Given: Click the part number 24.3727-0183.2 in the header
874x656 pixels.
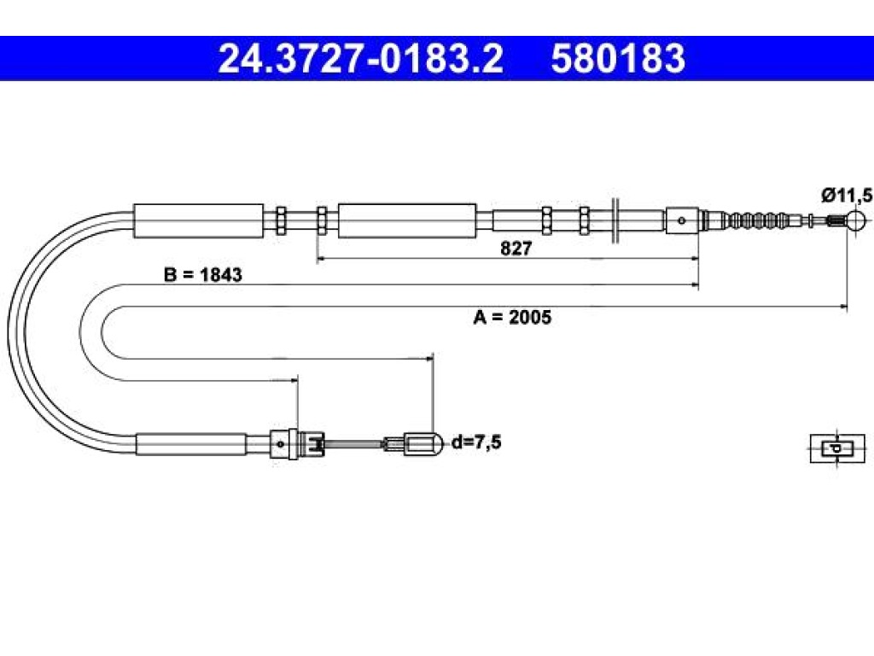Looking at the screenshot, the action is [361, 59].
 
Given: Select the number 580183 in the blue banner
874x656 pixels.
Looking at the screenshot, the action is [618, 59].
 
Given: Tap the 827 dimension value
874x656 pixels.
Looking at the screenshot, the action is [516, 249].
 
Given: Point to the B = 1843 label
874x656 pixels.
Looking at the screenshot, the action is [203, 274].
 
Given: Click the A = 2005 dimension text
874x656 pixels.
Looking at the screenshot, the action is [512, 317].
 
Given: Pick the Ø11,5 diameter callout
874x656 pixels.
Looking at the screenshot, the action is [847, 196].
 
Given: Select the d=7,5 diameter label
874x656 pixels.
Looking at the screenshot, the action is [476, 442].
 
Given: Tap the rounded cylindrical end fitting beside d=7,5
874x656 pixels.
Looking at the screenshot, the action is [422, 444].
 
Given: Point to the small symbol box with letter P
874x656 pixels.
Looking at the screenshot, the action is [837, 448].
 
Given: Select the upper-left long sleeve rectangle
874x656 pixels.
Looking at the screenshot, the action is [198, 221].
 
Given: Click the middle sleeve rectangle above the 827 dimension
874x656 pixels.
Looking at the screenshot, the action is [407, 221].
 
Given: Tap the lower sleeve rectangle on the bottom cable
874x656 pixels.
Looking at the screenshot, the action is [191, 444].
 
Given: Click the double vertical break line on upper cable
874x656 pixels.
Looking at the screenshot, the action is [615, 220].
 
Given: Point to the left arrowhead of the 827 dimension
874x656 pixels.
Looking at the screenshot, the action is [321, 258].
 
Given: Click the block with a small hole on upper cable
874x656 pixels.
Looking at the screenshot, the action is [682, 220].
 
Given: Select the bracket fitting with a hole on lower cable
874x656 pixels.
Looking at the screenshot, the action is [282, 444].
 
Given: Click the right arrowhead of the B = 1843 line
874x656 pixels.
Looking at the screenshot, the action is [694, 285].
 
